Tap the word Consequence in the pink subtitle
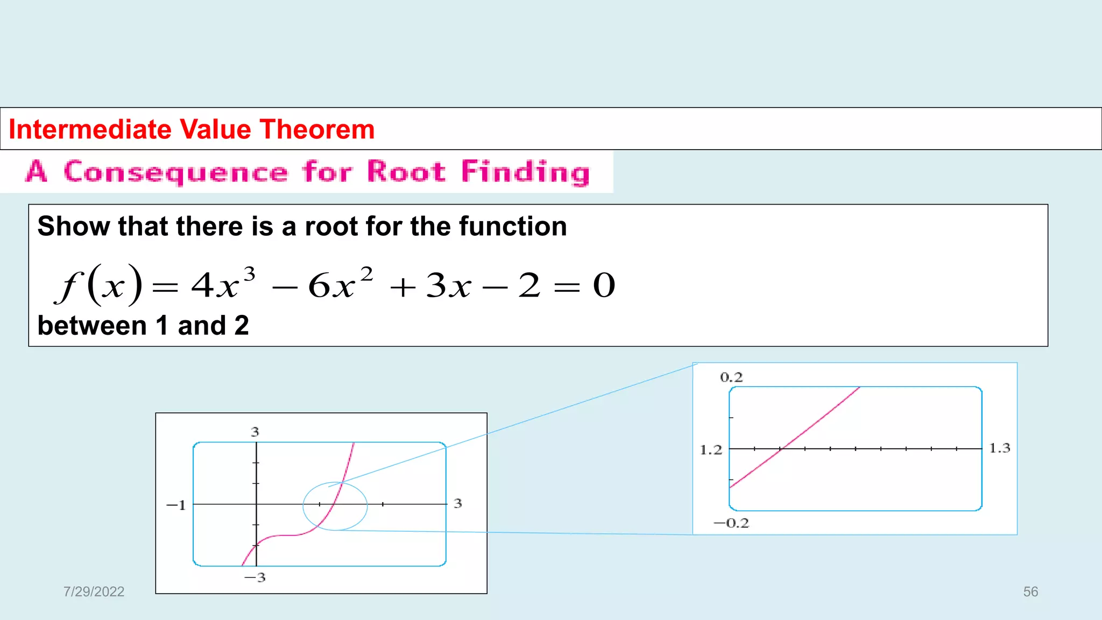(175, 172)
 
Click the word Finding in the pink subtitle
(525, 172)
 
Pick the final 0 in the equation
(604, 285)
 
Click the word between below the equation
(92, 326)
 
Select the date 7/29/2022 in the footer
(94, 591)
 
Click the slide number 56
(1030, 591)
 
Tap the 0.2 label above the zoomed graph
(731, 377)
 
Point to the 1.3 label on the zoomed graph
(1000, 448)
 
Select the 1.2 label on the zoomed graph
(711, 450)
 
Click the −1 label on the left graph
(176, 505)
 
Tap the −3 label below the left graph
(255, 577)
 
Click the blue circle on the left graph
(304, 506)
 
